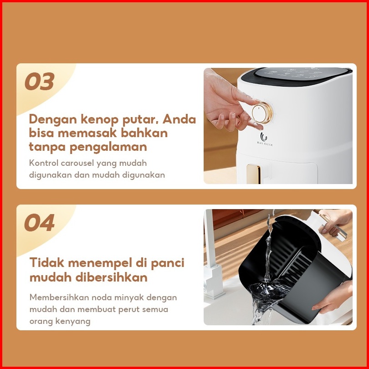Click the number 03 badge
click(39, 81)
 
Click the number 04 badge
click(39, 222)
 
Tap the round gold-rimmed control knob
click(262, 113)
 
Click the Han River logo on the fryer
click(265, 139)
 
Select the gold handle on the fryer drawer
click(253, 174)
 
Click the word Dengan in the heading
click(53, 120)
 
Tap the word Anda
click(179, 119)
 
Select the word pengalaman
click(108, 147)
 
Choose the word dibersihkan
click(111, 277)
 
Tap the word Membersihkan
click(59, 297)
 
